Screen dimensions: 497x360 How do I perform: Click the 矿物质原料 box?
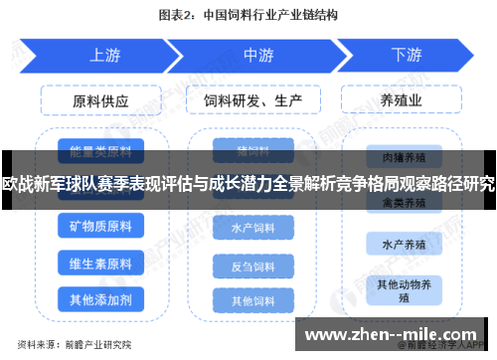point(100,227)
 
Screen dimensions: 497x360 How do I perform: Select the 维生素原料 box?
point(100,264)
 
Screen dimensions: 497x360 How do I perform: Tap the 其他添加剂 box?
point(100,298)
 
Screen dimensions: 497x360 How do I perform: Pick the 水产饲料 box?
point(252,228)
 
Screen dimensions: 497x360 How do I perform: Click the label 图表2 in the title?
point(179,16)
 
